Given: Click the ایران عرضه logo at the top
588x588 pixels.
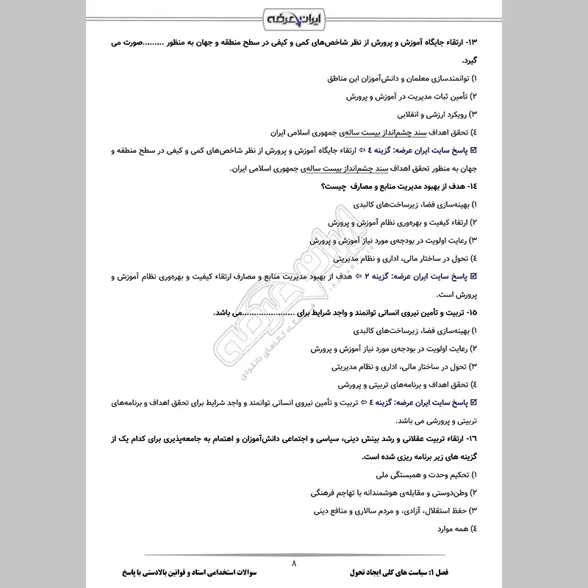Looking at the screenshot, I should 294,16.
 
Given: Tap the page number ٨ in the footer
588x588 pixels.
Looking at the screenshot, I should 294,562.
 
